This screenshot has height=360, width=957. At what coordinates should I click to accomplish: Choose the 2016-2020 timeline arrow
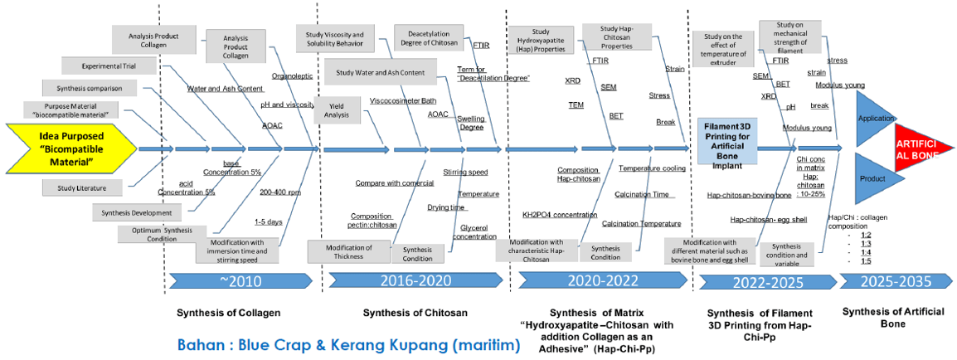413,280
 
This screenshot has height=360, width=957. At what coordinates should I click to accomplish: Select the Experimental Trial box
103,66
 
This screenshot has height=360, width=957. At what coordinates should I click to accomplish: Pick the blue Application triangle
873,119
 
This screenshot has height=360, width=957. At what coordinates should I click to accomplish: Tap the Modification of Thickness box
348,251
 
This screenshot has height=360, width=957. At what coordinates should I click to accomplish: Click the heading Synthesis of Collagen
227,313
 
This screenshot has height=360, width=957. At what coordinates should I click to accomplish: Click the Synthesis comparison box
90,88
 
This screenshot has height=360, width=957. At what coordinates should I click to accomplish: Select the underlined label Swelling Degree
471,124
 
